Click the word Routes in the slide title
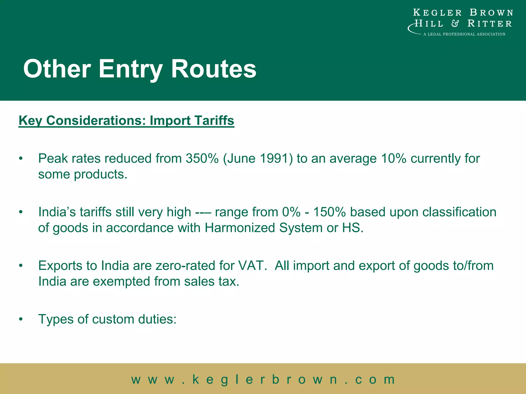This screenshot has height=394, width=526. (213, 69)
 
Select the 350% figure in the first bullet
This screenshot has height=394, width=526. (202, 158)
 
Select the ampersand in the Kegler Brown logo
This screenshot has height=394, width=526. (455, 24)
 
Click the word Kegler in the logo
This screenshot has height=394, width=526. (437, 13)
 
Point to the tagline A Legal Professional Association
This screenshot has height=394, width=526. (464, 34)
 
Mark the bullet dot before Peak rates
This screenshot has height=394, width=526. (21, 159)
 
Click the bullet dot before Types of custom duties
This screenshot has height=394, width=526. (21, 319)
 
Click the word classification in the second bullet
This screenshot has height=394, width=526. (459, 212)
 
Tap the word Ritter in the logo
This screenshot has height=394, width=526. (490, 24)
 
